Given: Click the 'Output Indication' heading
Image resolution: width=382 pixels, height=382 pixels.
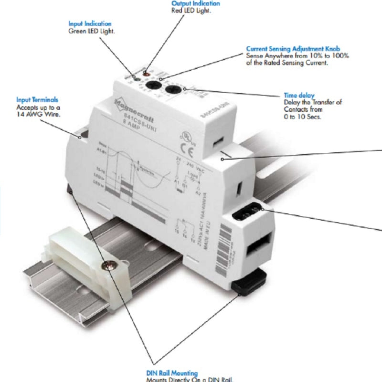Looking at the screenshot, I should [x=196, y=3].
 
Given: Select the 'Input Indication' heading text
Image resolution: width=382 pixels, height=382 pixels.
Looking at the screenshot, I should [x=90, y=23].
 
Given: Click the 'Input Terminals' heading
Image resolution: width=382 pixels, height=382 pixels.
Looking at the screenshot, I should [x=37, y=100].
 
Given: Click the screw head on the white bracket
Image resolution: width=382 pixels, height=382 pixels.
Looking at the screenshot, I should [x=109, y=265].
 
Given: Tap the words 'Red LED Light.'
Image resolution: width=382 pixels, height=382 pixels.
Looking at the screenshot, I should [x=191, y=11].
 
